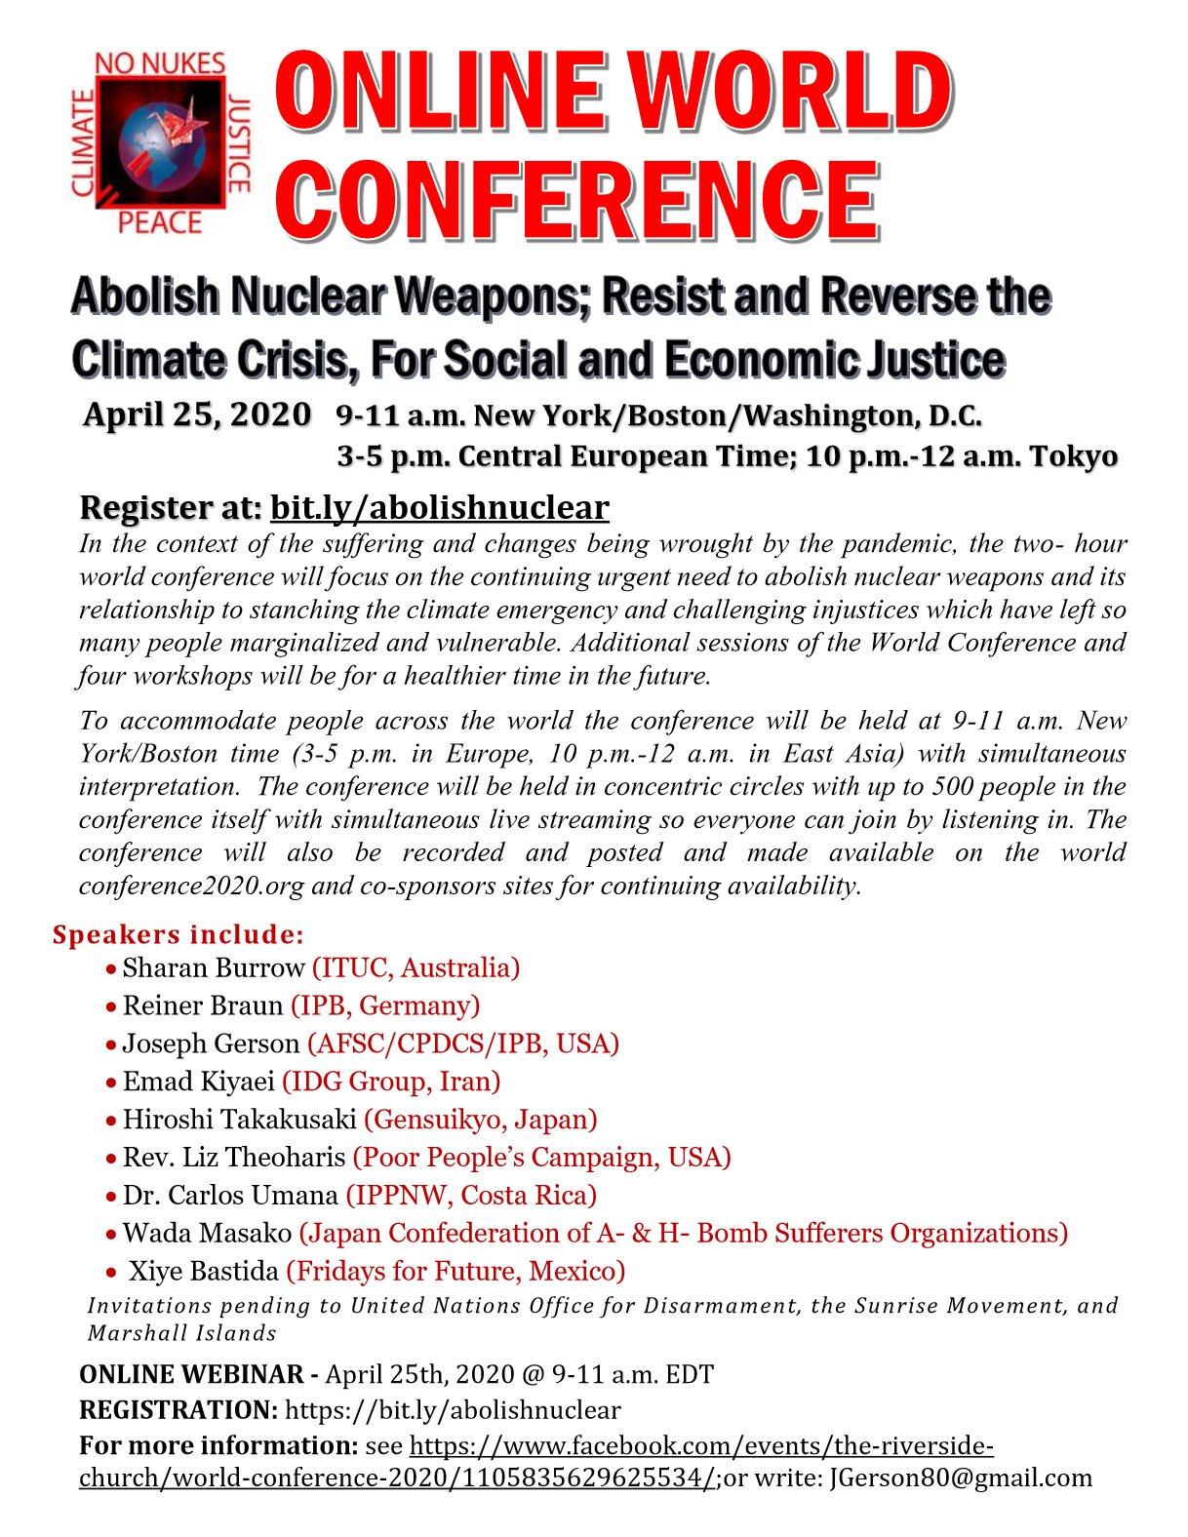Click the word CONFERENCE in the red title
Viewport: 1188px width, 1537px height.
pos(582,197)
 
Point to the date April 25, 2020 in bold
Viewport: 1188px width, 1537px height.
pos(197,414)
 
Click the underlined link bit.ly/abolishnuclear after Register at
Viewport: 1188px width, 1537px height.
pos(439,507)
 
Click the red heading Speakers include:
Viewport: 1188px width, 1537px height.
pos(178,934)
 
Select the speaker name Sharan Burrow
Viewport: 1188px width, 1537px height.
pos(214,967)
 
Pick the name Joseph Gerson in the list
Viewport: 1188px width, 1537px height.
pos(211,1044)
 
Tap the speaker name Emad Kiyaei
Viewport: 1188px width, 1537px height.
pos(199,1082)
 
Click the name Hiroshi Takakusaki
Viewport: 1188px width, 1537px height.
pos(240,1120)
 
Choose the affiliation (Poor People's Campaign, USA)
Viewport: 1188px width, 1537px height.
pos(541,1158)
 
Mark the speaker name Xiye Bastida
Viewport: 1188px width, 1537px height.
pos(205,1271)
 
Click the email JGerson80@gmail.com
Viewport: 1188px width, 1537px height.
pos(960,1478)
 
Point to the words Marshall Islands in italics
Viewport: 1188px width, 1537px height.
pos(182,1332)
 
